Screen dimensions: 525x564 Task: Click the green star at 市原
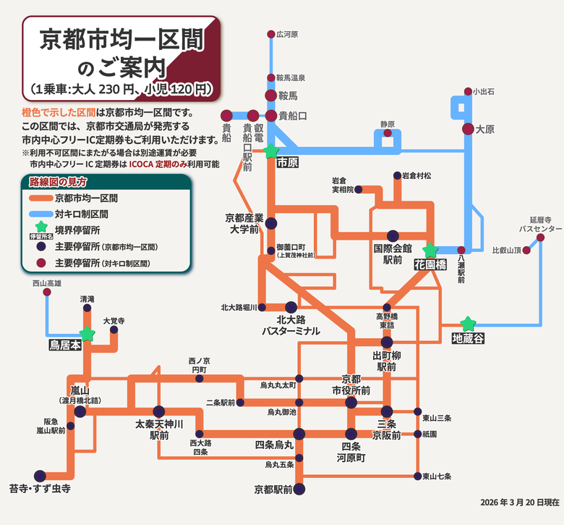point(270,151)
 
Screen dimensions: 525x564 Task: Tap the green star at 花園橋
point(430,251)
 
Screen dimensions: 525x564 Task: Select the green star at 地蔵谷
point(468,323)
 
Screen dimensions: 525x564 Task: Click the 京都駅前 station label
point(273,490)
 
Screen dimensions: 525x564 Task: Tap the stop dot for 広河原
point(271,34)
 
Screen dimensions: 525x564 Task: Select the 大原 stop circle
point(467,129)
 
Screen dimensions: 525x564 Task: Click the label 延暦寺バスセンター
point(536,223)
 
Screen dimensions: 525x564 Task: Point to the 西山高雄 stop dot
point(48,293)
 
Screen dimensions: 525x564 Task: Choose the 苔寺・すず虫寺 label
point(40,489)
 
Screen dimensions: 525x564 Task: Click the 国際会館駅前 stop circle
point(393,235)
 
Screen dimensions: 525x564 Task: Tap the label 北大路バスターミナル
point(291,324)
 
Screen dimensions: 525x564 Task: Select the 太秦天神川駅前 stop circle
point(159,411)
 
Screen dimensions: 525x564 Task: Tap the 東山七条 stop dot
point(417,476)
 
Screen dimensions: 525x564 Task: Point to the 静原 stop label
point(389,124)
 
